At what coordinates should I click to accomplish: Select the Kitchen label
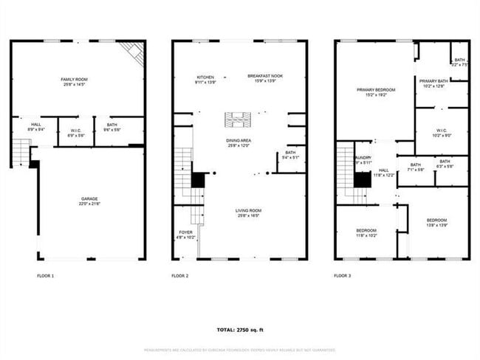(x=205, y=78)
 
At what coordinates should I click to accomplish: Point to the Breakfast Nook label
(x=264, y=78)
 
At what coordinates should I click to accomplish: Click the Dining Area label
(x=238, y=142)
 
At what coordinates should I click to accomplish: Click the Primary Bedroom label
(x=376, y=92)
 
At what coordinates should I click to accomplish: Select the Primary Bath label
(x=433, y=83)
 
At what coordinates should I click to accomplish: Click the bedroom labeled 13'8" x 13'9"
(x=436, y=223)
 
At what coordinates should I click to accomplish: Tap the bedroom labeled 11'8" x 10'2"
(x=366, y=233)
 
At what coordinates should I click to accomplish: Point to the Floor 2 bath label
(x=290, y=155)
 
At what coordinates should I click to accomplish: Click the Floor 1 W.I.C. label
(x=76, y=133)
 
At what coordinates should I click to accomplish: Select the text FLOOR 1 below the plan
(x=45, y=275)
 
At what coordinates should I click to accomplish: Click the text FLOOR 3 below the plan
(x=341, y=275)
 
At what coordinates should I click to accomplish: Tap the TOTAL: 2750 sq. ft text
(x=239, y=330)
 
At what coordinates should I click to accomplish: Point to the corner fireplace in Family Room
(x=134, y=52)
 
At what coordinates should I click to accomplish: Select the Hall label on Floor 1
(x=35, y=127)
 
